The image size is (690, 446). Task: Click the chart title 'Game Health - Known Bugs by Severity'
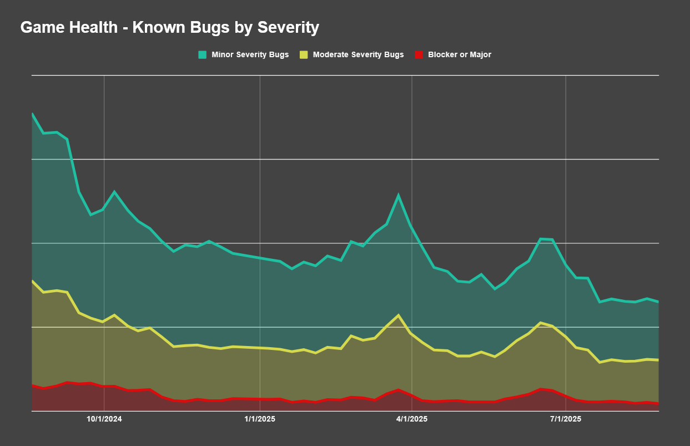169,27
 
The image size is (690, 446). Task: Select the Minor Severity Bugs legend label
250,54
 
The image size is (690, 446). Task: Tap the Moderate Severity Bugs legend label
358,54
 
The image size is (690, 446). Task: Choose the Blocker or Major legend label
460,54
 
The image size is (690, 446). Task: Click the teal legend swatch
203,54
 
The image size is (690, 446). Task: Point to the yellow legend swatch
304,54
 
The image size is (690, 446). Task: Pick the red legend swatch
419,54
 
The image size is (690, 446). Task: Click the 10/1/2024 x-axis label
104,419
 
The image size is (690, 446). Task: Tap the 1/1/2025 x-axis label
260,419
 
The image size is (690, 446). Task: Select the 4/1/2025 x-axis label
412,419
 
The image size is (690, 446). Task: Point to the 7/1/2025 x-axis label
566,419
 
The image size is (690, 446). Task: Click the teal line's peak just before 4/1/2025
399,196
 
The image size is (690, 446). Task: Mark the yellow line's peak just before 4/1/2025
399,315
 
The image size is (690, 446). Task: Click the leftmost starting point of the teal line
32,113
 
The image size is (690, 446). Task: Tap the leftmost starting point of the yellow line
32,280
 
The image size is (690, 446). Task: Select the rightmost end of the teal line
658,302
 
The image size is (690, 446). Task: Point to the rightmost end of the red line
658,403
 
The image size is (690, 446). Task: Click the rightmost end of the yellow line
658,360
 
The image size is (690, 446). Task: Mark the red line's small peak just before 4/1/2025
399,389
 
